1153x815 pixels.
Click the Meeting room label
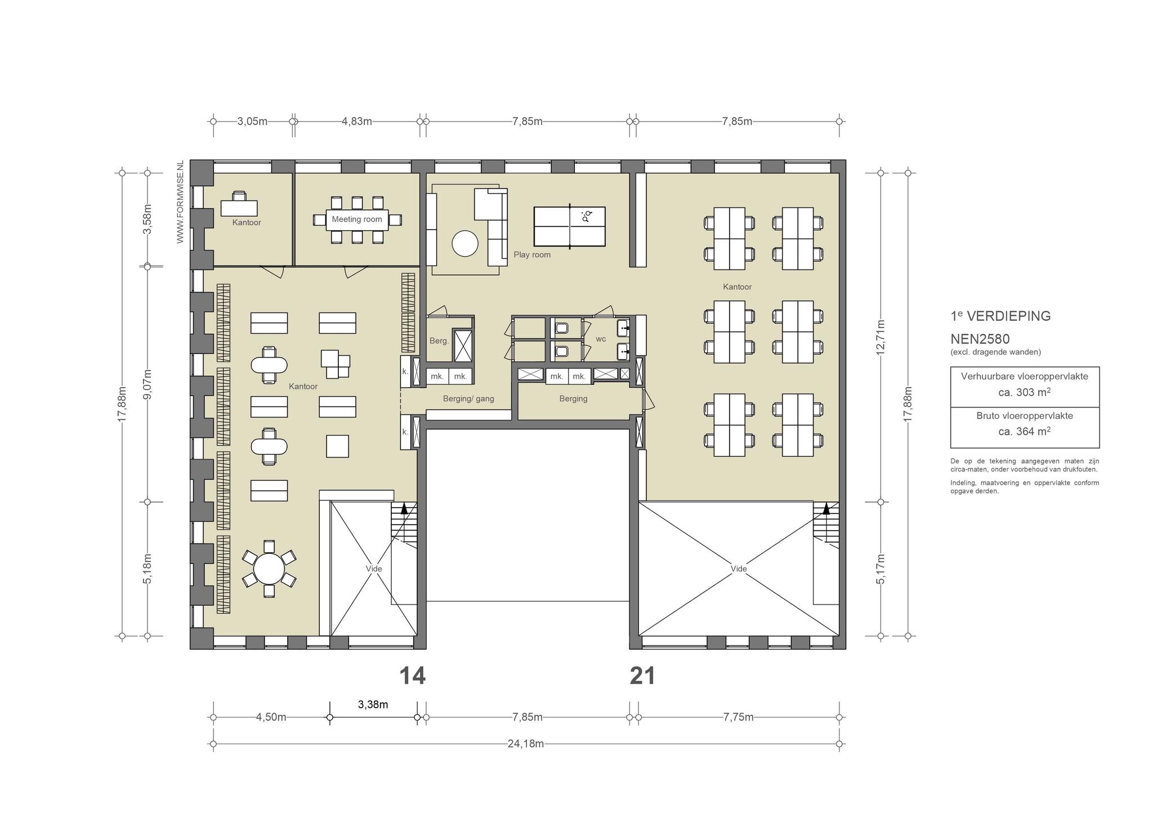(x=356, y=219)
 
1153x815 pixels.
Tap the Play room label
(x=532, y=254)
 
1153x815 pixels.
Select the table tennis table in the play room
(x=570, y=226)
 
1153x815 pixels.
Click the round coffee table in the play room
(x=465, y=244)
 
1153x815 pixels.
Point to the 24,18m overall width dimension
(x=526, y=744)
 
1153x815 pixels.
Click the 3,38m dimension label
(x=373, y=704)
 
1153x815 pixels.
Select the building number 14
(x=412, y=675)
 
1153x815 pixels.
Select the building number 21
(x=642, y=675)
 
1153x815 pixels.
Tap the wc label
(x=601, y=339)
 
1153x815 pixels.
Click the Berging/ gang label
(x=468, y=398)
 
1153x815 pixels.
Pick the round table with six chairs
(x=269, y=568)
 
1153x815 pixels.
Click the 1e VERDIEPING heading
(x=1000, y=316)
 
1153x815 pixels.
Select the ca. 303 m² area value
(x=1025, y=392)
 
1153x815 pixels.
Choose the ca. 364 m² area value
(x=1025, y=431)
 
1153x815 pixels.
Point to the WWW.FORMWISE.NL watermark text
(x=180, y=202)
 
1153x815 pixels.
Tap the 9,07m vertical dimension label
(x=148, y=384)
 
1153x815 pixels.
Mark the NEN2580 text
(x=980, y=339)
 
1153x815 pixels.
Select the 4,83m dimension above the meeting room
(x=357, y=121)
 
